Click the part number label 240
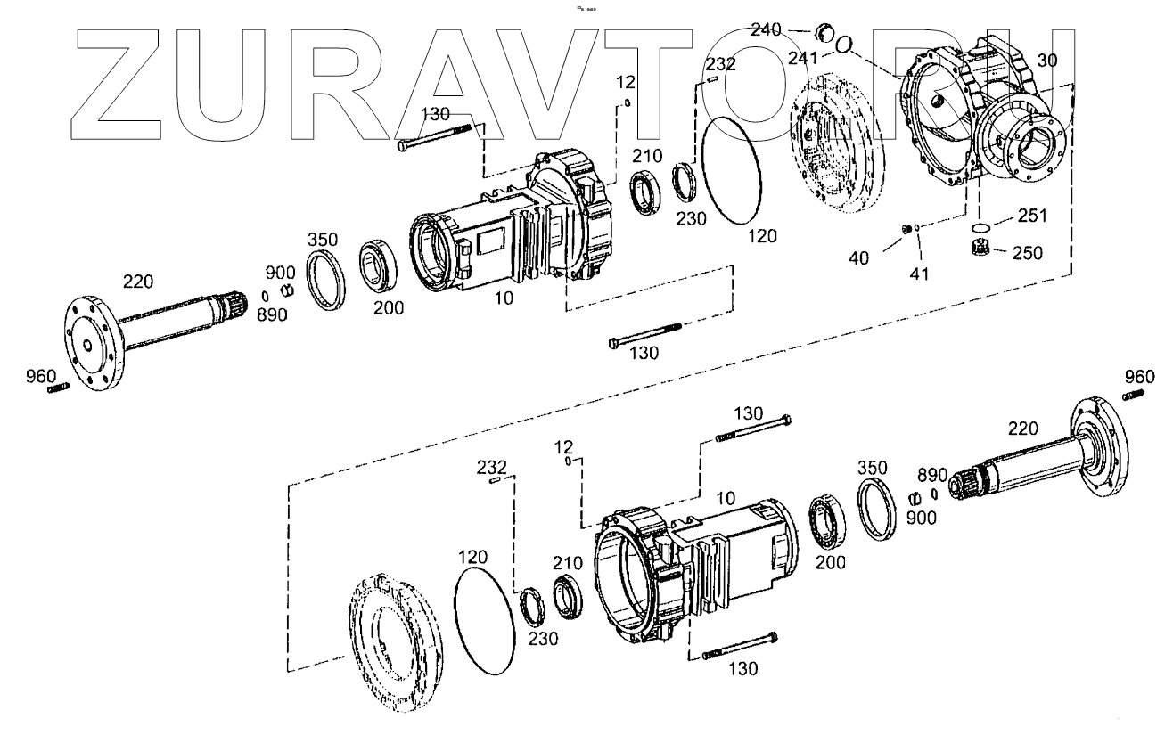(x=766, y=29)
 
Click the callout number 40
(x=857, y=258)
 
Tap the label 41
(x=919, y=274)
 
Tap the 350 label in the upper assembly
(x=322, y=241)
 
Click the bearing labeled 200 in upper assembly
(x=381, y=265)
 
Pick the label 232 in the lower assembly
(x=491, y=467)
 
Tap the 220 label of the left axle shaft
(x=138, y=282)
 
